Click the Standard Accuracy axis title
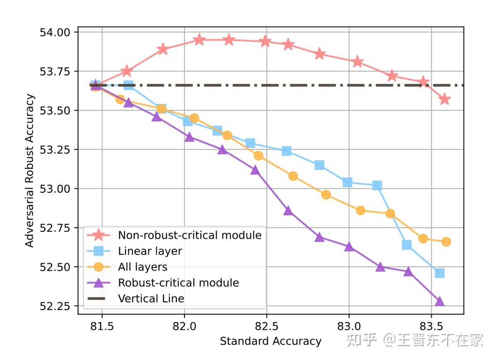coord(270,341)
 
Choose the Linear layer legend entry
coord(150,251)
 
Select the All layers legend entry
coord(143,267)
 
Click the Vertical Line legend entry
coord(151,298)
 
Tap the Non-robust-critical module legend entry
coord(190,235)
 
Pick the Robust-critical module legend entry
coord(178,282)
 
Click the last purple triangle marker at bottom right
coord(440,302)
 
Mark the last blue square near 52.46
coord(440,273)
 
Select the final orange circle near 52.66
coord(446,242)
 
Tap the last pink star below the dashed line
coord(445,99)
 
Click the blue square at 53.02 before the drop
coord(377,185)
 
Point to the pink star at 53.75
coord(127,72)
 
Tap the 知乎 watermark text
coord(362,341)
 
